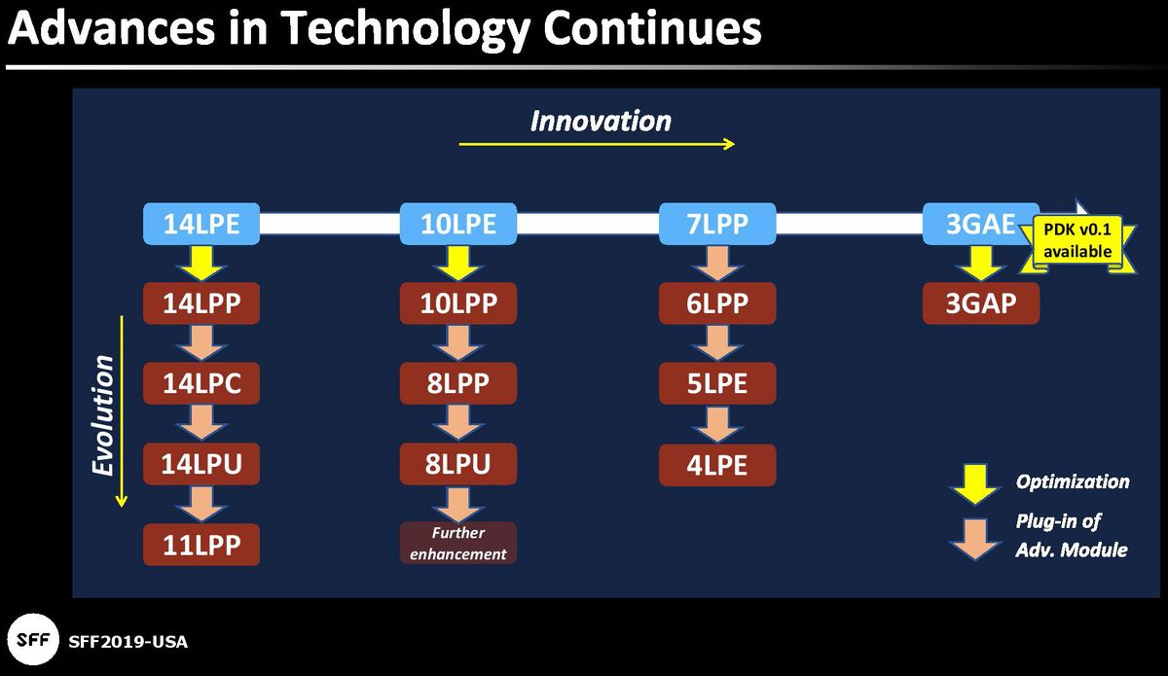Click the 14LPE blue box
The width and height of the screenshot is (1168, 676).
[x=201, y=224]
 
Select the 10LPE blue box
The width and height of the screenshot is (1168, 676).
[x=458, y=224]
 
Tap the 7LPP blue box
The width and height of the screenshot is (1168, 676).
[x=717, y=224]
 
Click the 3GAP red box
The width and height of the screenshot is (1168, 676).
[x=980, y=303]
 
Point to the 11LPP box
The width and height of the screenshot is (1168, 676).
[x=201, y=544]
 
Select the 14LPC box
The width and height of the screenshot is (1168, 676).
[x=201, y=383]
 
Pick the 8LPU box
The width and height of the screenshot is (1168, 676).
[x=458, y=464]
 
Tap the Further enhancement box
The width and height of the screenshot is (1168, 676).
[x=458, y=543]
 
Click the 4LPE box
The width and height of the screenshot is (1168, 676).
[x=717, y=464]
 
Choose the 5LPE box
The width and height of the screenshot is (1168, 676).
[x=717, y=383]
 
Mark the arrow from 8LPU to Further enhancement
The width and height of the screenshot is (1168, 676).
[x=458, y=504]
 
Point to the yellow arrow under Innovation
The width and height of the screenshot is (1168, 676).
[x=597, y=144]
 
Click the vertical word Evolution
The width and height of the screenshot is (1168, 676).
[x=103, y=415]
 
